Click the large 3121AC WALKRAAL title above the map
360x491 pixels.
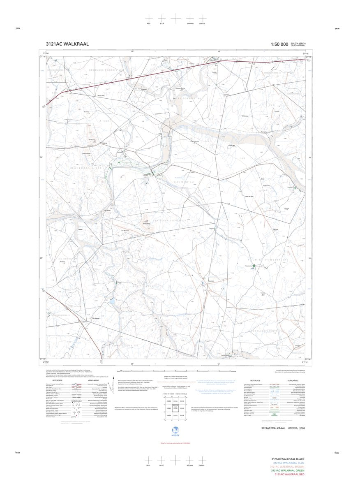coord(67,44)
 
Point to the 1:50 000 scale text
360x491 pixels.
coord(279,44)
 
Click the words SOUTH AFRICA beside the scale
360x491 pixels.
coord(298,43)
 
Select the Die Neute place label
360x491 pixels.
coord(108,211)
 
